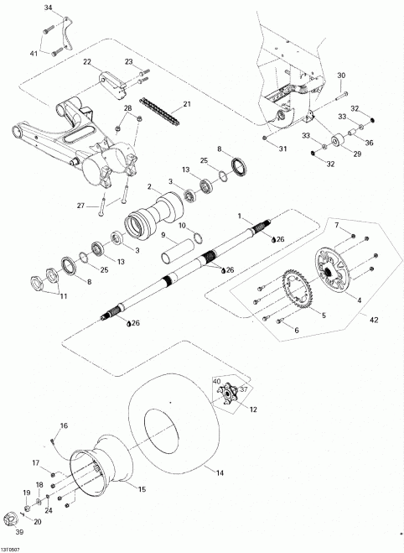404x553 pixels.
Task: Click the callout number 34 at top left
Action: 47,8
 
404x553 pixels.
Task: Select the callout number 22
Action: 87,61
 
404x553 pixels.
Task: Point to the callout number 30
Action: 341,76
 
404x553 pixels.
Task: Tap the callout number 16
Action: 64,426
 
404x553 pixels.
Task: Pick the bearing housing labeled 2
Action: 146,222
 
